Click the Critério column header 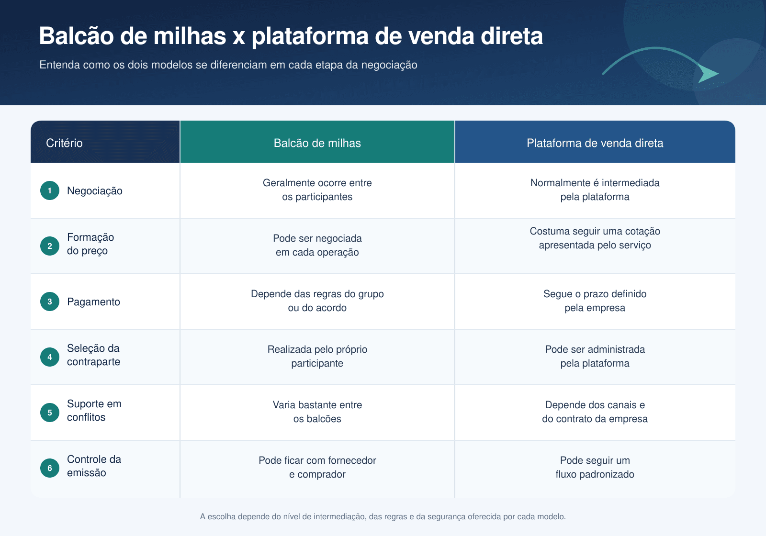64,143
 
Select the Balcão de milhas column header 317,143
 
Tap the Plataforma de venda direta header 595,143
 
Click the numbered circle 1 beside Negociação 50,190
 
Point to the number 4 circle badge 50,357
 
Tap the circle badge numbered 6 50,468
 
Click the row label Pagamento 93,302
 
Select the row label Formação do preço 90,244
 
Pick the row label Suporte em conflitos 94,410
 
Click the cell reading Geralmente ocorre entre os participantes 317,190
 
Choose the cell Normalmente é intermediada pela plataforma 595,190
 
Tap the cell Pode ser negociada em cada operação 317,245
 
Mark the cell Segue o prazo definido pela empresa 595,301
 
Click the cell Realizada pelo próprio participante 317,356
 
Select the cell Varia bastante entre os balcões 317,412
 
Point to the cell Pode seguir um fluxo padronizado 595,467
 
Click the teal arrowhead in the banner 707,73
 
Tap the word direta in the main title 512,36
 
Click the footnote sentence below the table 383,516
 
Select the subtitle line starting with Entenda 228,65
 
